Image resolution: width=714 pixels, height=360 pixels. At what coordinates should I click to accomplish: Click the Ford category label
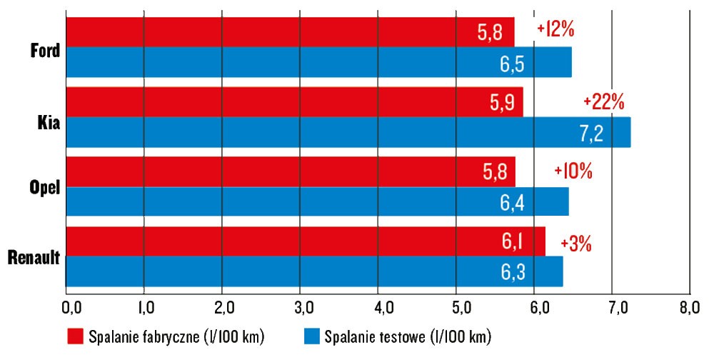tap(45, 51)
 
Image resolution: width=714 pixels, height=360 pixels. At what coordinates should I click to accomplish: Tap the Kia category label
tap(49, 121)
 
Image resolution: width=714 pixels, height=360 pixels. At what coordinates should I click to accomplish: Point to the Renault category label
tap(34, 259)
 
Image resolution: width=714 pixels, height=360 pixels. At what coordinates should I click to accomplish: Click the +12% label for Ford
tap(556, 30)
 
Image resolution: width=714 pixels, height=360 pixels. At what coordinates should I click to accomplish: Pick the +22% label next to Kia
tap(603, 101)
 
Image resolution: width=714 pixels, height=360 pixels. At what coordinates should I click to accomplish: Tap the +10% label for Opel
tap(573, 171)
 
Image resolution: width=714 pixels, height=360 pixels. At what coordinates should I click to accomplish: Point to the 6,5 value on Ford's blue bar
tap(512, 64)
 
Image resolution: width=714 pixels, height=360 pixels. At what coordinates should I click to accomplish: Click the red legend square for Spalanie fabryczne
tap(75, 336)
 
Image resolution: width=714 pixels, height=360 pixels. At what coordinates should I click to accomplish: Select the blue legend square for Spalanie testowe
tap(311, 336)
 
